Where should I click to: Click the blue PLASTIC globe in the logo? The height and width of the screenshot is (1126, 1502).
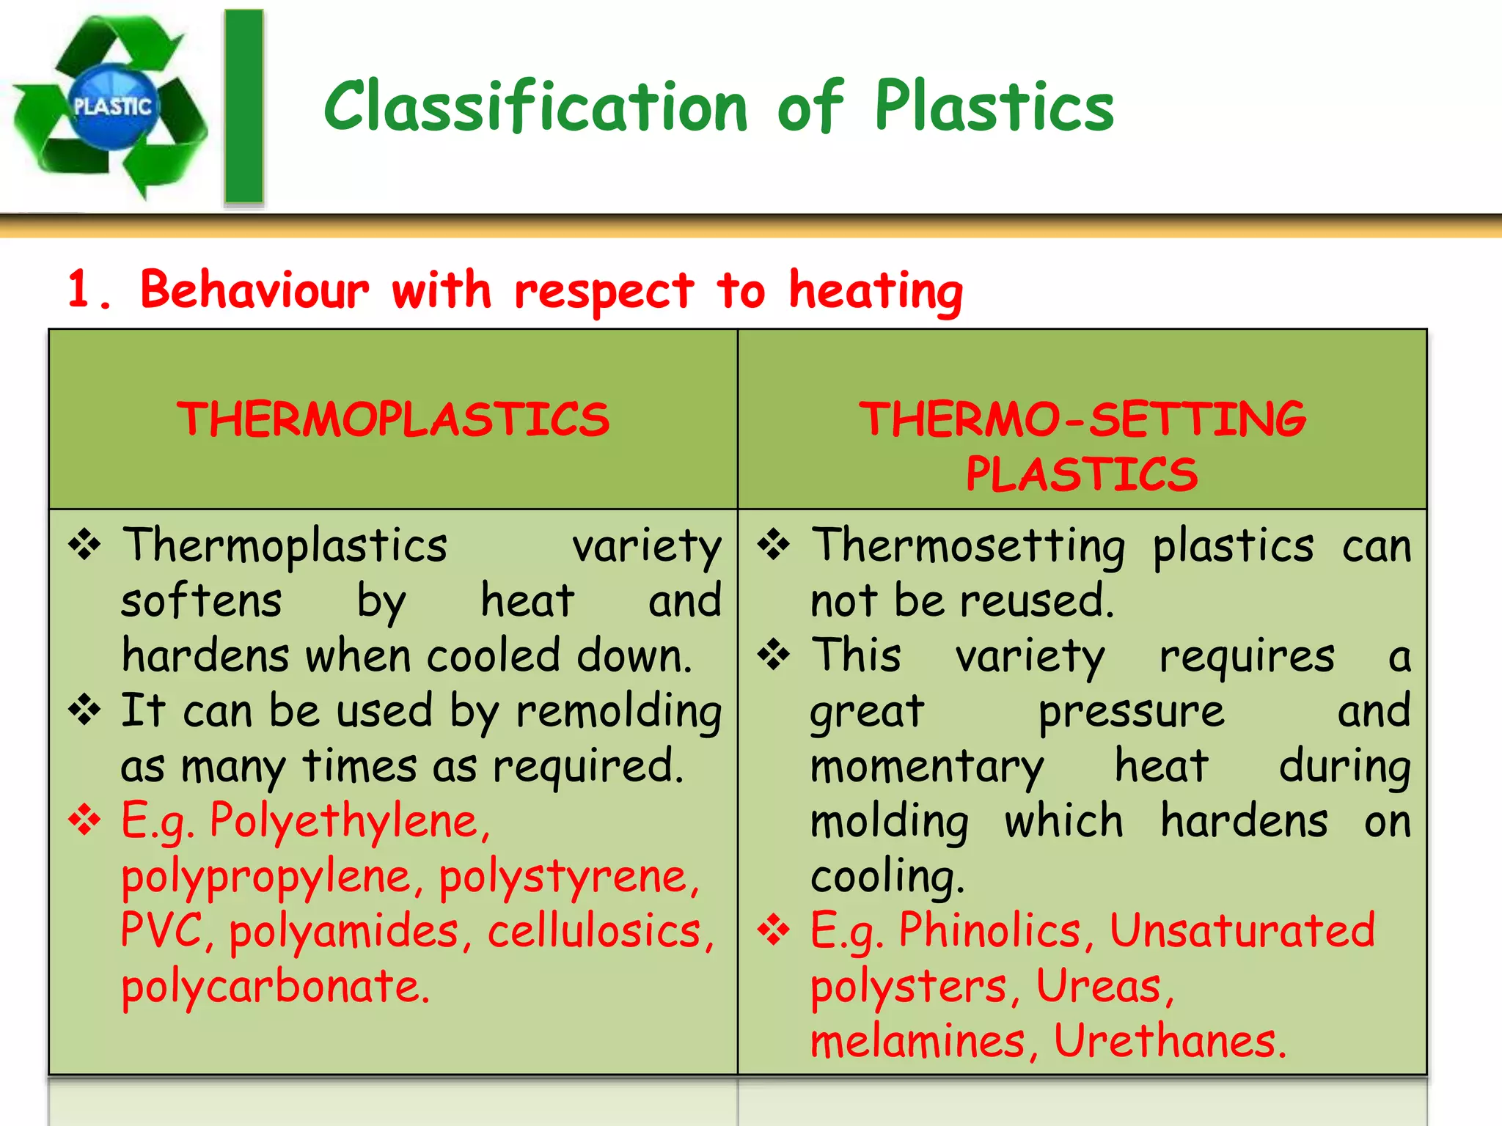[113, 107]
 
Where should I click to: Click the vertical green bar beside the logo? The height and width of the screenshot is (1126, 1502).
[244, 107]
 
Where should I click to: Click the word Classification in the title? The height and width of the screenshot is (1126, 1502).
[535, 107]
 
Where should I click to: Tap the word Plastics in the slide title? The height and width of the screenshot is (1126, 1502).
[994, 107]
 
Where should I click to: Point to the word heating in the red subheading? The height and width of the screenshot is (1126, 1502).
[876, 292]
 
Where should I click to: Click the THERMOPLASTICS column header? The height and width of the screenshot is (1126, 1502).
[393, 419]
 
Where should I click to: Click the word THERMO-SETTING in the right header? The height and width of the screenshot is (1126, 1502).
[1082, 419]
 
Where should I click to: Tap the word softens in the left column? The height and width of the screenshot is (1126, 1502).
[202, 601]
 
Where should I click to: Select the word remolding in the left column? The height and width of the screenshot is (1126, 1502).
[619, 712]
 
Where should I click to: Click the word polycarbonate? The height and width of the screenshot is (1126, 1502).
[275, 987]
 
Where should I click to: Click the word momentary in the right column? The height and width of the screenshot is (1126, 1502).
[927, 767]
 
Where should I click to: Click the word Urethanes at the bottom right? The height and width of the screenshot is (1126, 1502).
[1170, 1041]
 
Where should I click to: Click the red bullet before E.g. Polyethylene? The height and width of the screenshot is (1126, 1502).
[85, 820]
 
